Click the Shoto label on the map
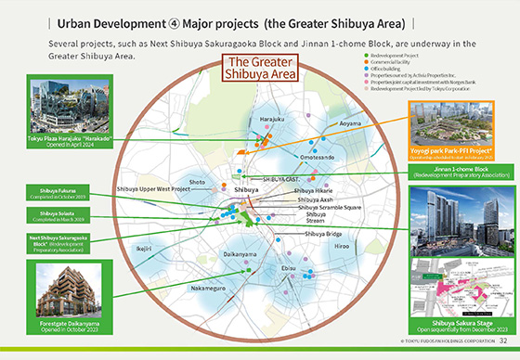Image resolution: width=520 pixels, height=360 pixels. coord(198,183)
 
